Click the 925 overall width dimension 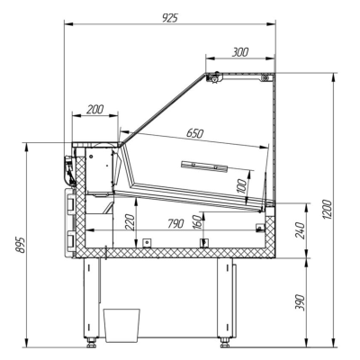click(x=170, y=18)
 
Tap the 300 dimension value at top click(x=240, y=52)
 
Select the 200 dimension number click(x=94, y=110)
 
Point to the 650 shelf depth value click(x=194, y=133)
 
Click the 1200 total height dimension click(x=328, y=209)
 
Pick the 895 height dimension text click(x=21, y=245)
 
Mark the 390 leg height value click(x=300, y=302)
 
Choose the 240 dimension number click(x=300, y=230)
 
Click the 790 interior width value click(x=175, y=223)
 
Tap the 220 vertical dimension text click(x=130, y=222)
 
